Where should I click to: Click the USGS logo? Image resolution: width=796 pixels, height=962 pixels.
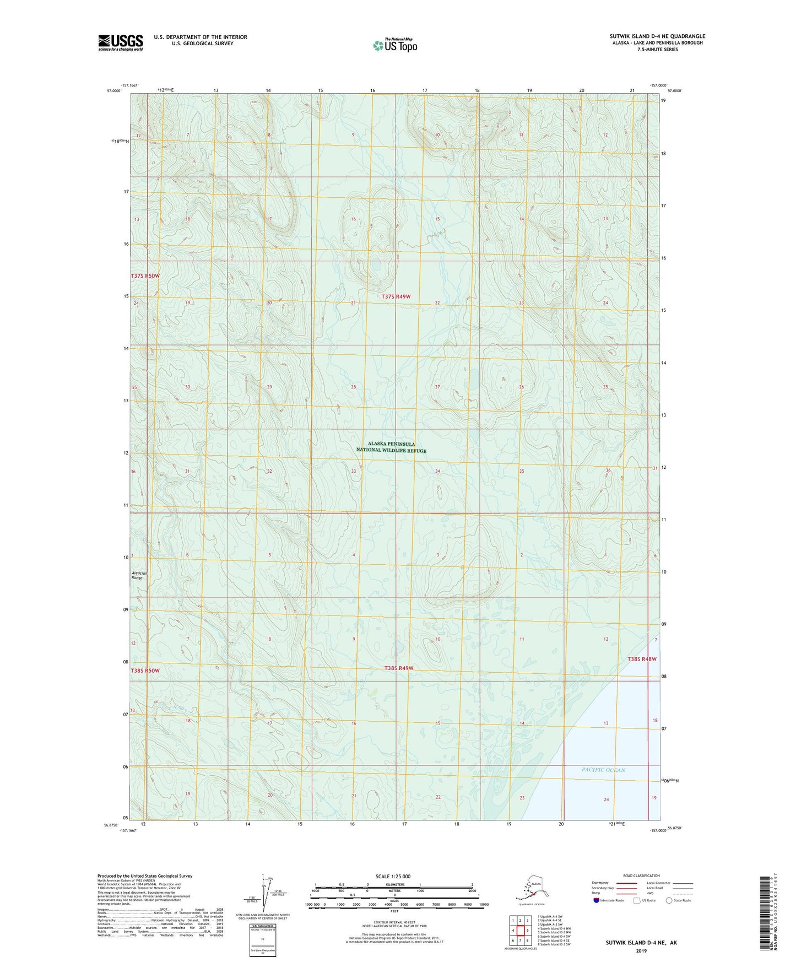(120, 42)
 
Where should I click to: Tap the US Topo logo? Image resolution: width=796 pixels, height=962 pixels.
(394, 45)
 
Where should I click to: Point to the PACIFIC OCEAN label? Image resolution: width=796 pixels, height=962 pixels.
(603, 770)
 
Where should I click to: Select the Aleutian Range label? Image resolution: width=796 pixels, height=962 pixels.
(138, 575)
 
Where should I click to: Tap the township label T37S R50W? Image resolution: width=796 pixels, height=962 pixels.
(145, 275)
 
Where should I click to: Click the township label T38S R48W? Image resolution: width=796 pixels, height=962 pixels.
(642, 659)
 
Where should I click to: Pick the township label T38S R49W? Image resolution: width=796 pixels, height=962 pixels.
(398, 668)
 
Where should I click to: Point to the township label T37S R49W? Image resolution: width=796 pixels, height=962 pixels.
(396, 296)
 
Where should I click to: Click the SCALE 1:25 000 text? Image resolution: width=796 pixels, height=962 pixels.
(393, 876)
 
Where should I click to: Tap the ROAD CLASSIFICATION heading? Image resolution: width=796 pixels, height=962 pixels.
(641, 875)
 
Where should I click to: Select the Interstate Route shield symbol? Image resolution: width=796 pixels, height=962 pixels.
(597, 900)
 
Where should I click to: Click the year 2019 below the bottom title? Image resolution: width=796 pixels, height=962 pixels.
(641, 950)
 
